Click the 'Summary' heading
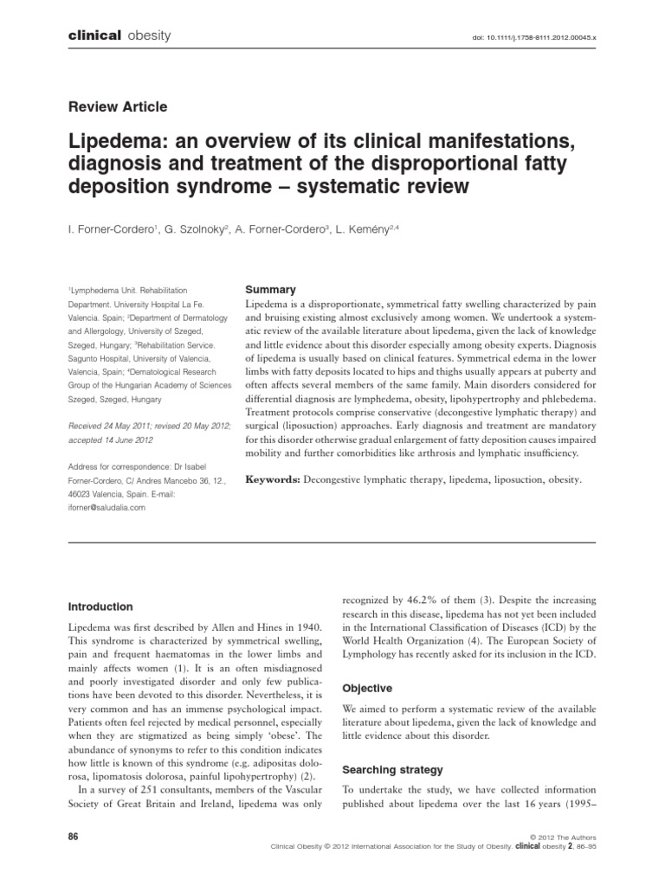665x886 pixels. [x=271, y=290]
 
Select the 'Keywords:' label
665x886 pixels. [x=274, y=478]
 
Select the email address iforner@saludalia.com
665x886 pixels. [x=107, y=509]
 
